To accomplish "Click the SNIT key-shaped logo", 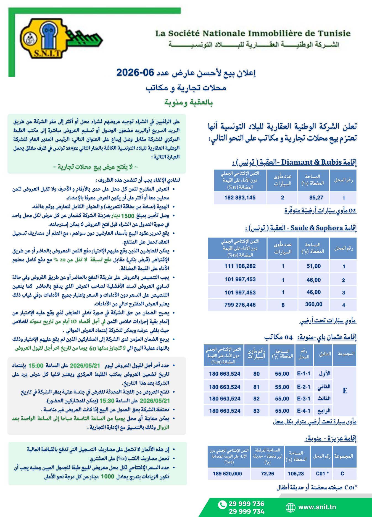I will [x=55, y=39].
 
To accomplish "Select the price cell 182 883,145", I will [x=240, y=198].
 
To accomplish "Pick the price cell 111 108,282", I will [x=240, y=266].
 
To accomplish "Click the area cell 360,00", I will [x=313, y=304].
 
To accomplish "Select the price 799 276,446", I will [x=240, y=305].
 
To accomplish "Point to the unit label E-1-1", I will [x=304, y=374].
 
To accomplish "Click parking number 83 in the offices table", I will [x=256, y=411].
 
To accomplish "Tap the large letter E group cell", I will [x=345, y=391].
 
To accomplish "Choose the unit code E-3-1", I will [x=304, y=399].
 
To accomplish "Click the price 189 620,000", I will [x=227, y=474].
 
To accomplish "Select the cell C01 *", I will [x=322, y=474].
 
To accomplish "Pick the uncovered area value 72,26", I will [x=267, y=474].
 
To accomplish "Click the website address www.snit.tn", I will [x=317, y=507].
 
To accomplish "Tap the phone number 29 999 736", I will [x=246, y=504].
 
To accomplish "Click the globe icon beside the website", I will [x=291, y=507].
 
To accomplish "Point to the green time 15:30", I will [x=107, y=401].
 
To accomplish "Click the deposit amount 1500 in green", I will [x=128, y=216].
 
